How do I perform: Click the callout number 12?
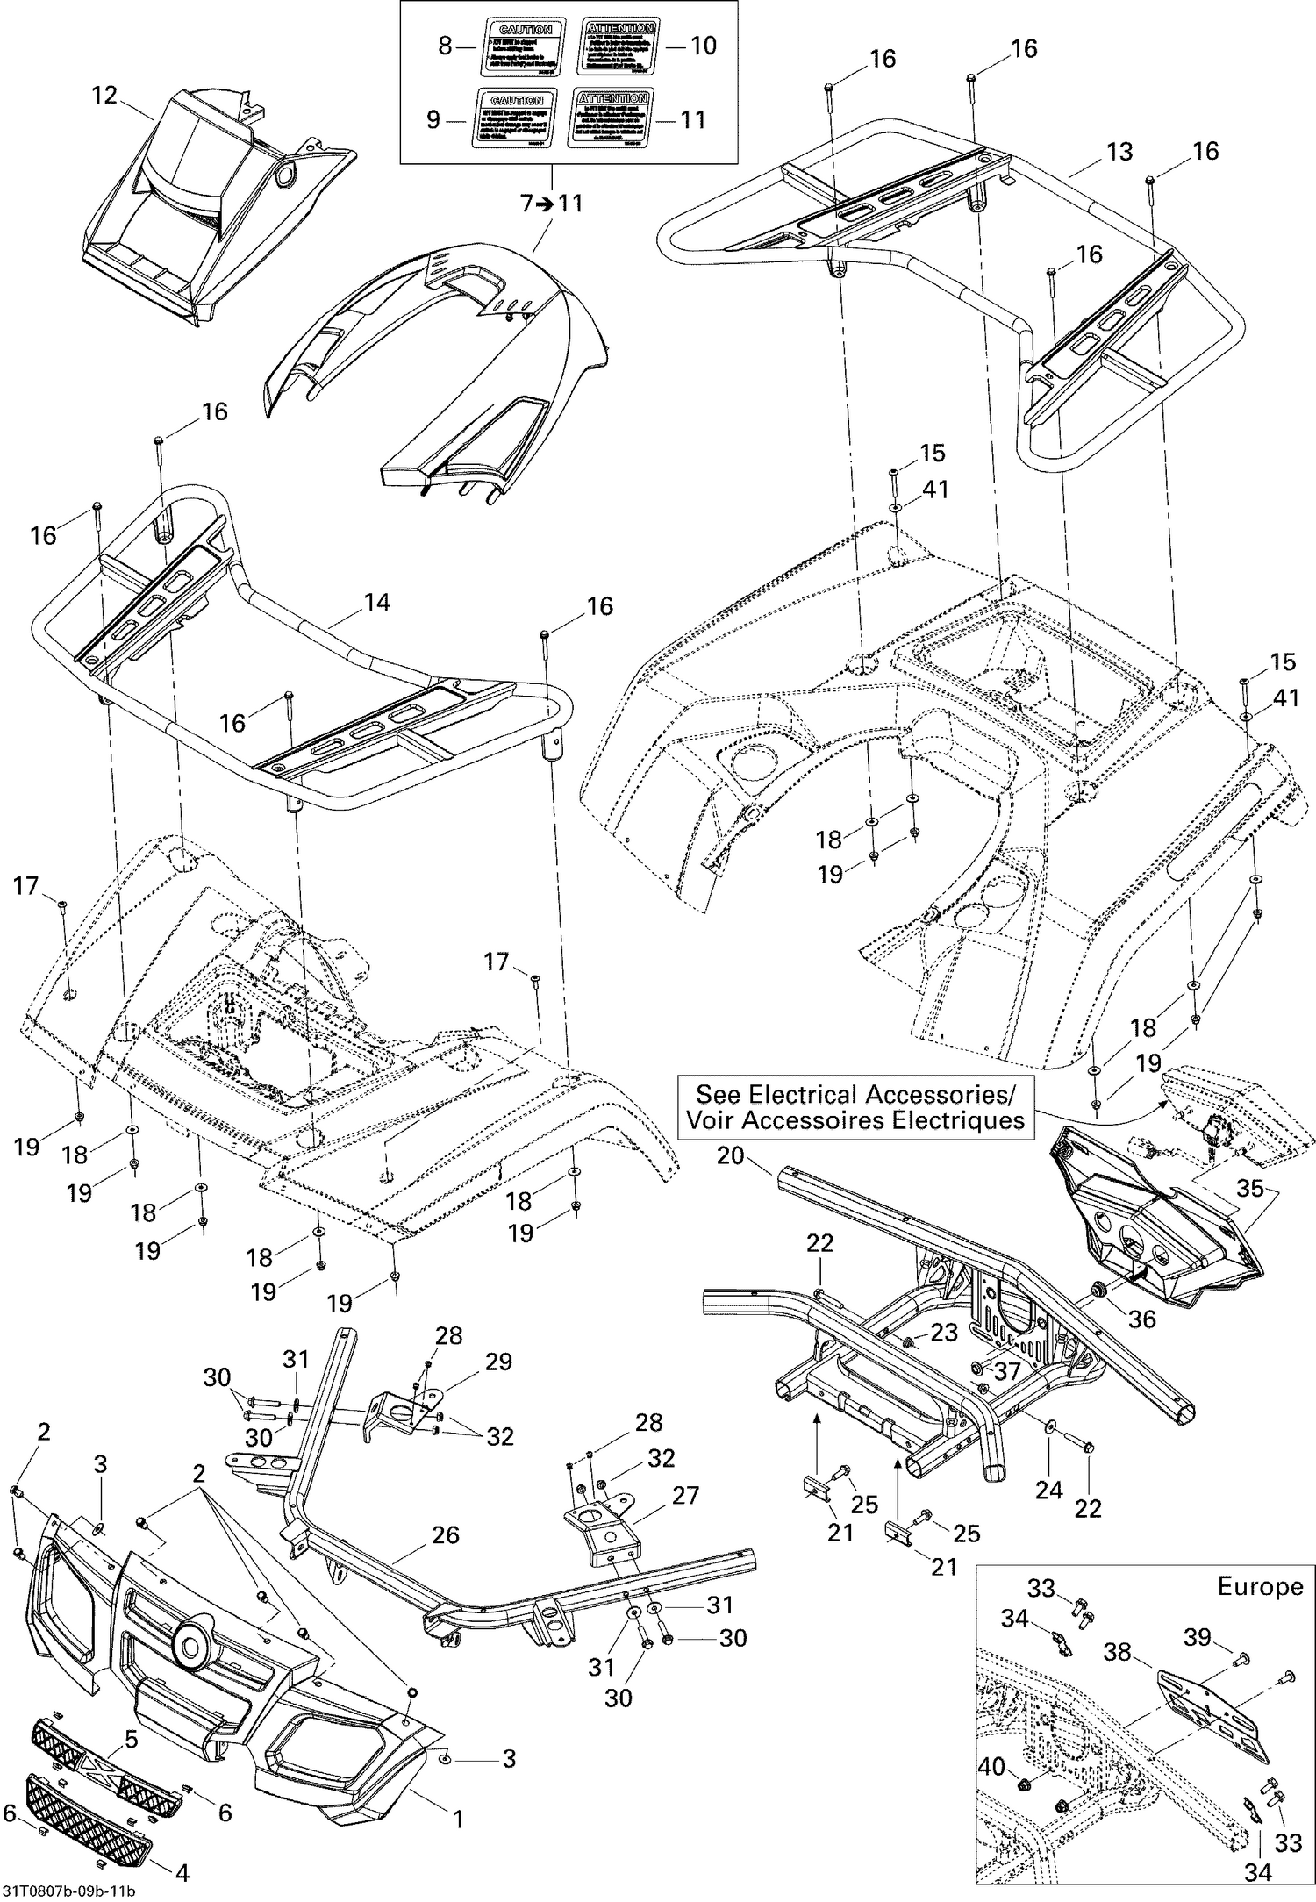pyautogui.click(x=104, y=95)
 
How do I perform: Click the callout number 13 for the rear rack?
pyautogui.click(x=1119, y=152)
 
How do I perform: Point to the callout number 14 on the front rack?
pyautogui.click(x=376, y=603)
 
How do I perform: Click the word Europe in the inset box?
pyautogui.click(x=1259, y=1586)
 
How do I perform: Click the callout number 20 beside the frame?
pyautogui.click(x=730, y=1156)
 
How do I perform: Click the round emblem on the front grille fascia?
pyautogui.click(x=190, y=1641)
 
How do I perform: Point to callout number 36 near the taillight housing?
pyautogui.click(x=1141, y=1319)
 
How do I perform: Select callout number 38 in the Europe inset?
pyautogui.click(x=1117, y=1653)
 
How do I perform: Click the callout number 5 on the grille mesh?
pyautogui.click(x=130, y=1739)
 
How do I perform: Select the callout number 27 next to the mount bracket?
pyautogui.click(x=686, y=1494)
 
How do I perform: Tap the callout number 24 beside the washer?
pyautogui.click(x=1048, y=1489)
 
